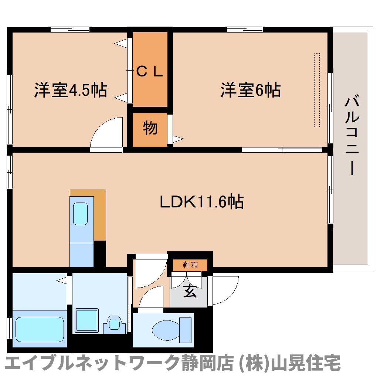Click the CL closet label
[x=150, y=71]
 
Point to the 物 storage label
[x=150, y=128]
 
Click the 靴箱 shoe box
[x=190, y=265]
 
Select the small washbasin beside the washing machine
[x=114, y=323]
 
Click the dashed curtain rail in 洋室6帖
[x=317, y=90]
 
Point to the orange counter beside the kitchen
[x=99, y=214]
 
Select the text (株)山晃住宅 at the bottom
[x=288, y=364]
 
